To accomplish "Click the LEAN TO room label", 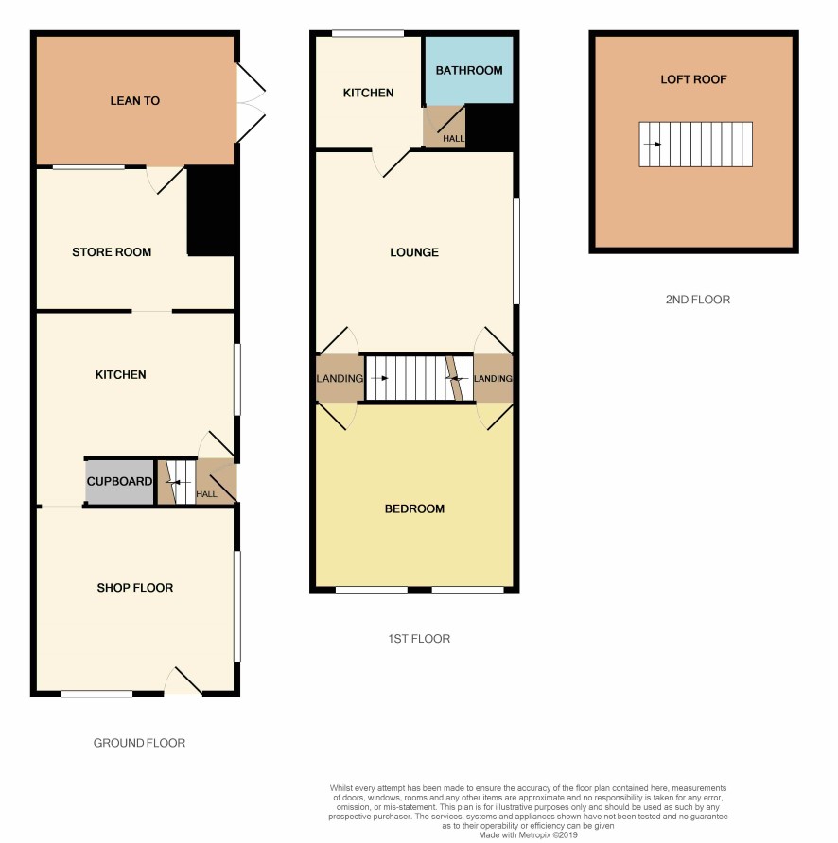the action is coord(134,100).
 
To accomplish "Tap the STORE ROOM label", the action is coord(112,251).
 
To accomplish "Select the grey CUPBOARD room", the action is coord(119,482).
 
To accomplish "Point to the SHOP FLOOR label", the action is coord(134,588).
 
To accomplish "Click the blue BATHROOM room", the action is coord(469,70).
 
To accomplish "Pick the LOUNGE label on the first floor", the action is coord(414,252).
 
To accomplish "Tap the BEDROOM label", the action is coord(414,508).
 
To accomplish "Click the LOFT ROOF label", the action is coord(693,79).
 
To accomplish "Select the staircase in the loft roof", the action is coord(695,144).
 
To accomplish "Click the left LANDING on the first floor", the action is coord(340,378).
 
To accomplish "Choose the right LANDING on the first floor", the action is coord(493,378).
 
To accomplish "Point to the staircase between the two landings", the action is coord(419,378).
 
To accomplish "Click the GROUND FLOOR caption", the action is coord(139,743).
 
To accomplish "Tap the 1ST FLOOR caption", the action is coord(419,639).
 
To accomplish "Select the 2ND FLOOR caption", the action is coord(697,300).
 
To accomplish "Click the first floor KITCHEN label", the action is coord(368,93).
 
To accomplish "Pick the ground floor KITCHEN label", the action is coord(120,375).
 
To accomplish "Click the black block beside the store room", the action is coord(213,211).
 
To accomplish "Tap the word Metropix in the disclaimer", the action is coord(534,834).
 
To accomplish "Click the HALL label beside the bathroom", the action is coord(453,139).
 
